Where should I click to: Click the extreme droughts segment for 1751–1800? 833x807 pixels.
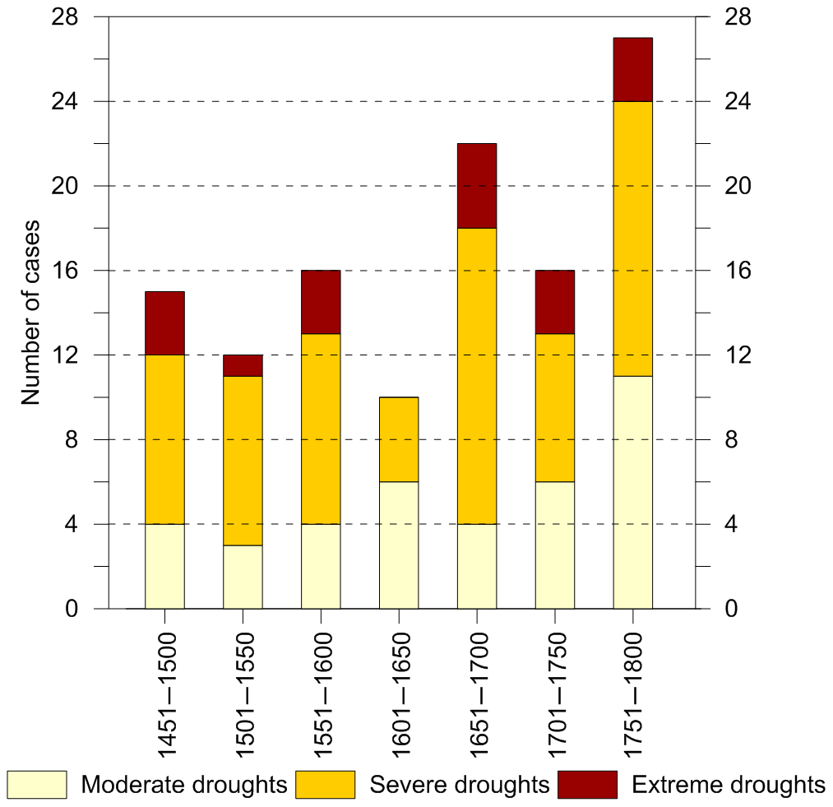point(632,70)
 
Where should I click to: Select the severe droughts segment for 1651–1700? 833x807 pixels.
point(476,376)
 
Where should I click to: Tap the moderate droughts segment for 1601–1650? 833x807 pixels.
point(399,545)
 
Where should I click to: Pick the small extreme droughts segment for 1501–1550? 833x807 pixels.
point(243,365)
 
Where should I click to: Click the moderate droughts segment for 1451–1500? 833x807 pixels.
point(164,566)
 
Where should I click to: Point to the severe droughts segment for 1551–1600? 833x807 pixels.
point(321,429)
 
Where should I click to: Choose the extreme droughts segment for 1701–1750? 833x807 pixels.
point(555,302)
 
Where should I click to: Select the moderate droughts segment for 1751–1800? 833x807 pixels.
point(632,492)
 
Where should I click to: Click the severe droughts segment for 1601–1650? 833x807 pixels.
point(399,439)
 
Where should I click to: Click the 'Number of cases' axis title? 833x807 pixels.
point(31,313)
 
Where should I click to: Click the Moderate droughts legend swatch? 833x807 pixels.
point(37,784)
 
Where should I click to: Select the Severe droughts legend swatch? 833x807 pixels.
point(325,784)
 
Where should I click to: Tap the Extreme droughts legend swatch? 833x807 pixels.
point(587,784)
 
